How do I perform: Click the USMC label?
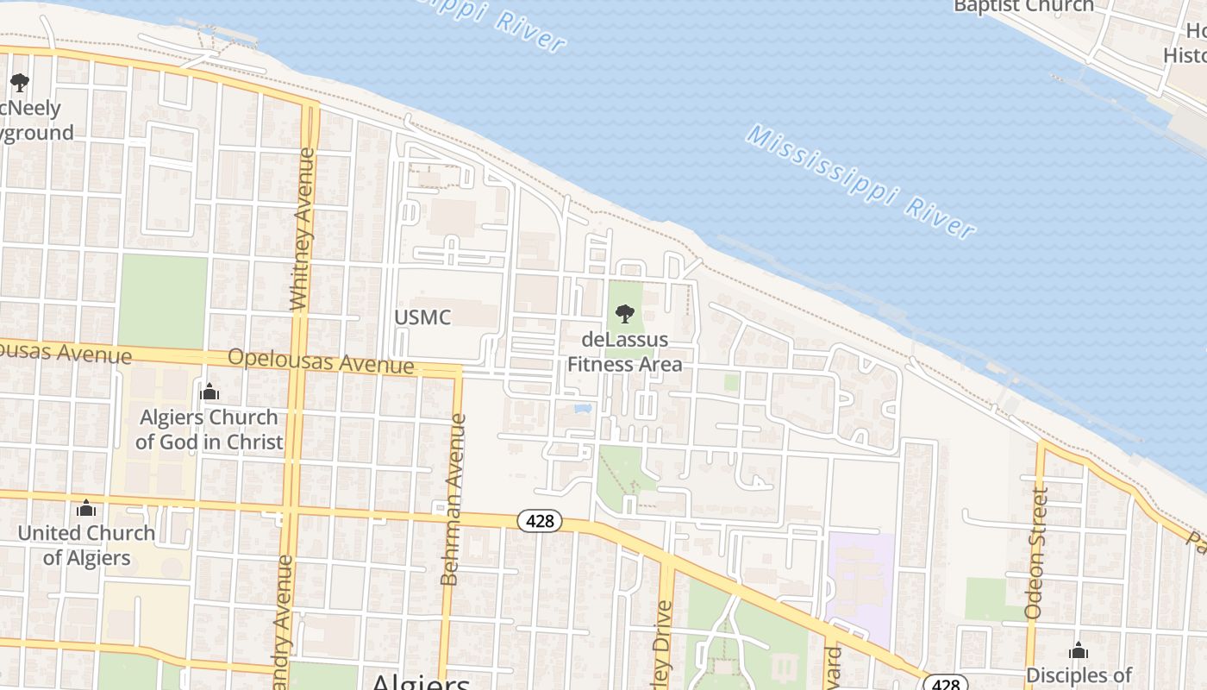click(x=422, y=317)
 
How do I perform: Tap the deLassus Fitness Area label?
click(x=624, y=352)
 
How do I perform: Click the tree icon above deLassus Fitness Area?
click(x=625, y=314)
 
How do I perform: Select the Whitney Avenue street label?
click(x=300, y=229)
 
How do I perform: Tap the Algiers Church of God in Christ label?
click(x=209, y=430)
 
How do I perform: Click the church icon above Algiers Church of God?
click(x=210, y=392)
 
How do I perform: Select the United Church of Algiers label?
click(x=86, y=545)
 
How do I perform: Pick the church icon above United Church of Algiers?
click(x=86, y=508)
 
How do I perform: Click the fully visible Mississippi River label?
click(x=861, y=182)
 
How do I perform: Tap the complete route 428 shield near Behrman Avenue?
click(x=540, y=521)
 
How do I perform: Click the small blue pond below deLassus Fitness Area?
click(x=582, y=406)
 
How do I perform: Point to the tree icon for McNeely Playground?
click(x=20, y=83)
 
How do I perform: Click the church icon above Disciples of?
click(x=1078, y=650)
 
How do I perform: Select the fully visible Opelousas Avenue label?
click(x=321, y=361)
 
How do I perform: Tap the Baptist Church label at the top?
click(x=1023, y=7)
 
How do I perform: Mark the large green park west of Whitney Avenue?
click(x=163, y=301)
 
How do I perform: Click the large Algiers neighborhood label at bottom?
click(x=420, y=681)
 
